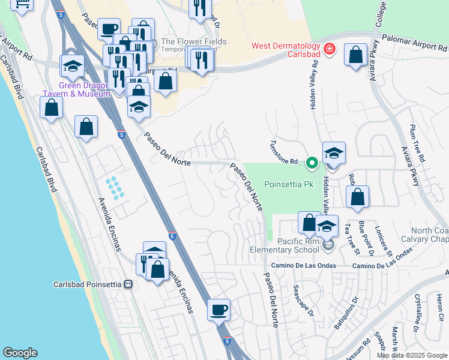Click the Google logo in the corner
[20, 353]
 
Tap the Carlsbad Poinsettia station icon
[128, 284]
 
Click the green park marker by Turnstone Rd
[312, 163]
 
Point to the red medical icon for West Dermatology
[328, 49]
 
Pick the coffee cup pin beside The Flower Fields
[109, 29]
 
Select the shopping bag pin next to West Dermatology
[356, 55]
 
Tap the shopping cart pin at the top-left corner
[22, 5]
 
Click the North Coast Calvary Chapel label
[429, 235]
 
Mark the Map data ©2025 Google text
[412, 355]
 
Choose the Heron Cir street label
[440, 308]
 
